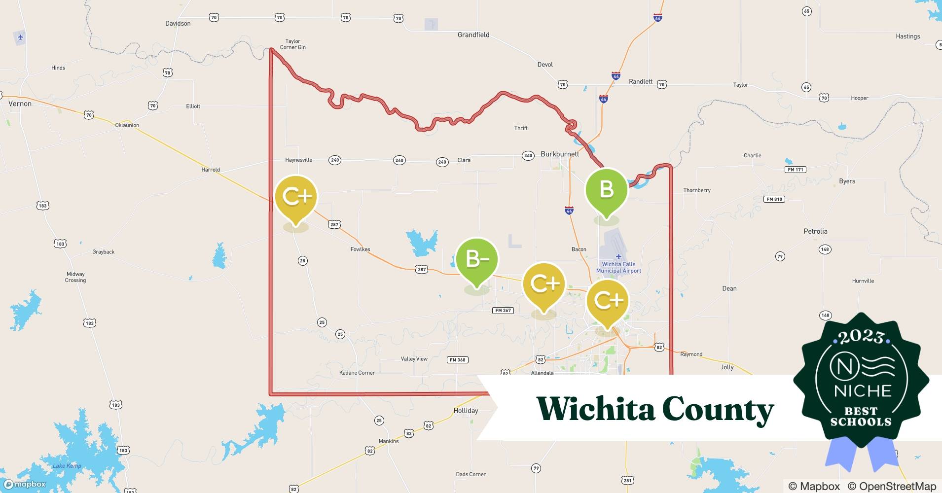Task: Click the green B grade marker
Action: (606, 190)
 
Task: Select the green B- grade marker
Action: (477, 259)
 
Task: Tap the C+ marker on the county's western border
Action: (296, 197)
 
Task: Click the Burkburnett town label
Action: (560, 154)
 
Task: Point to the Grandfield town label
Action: (473, 35)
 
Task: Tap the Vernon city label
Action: (20, 104)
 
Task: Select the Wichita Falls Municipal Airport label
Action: (618, 267)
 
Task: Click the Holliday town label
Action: (466, 410)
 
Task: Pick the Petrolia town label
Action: (815, 231)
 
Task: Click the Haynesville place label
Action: (298, 160)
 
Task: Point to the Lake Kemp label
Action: (67, 466)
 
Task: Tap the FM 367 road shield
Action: (503, 311)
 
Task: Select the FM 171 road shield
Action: (795, 170)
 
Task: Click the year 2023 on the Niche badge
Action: (861, 337)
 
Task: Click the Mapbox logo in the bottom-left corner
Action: (25, 484)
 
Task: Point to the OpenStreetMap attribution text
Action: (892, 486)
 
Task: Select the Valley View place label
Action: (414, 359)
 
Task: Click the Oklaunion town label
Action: (127, 125)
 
